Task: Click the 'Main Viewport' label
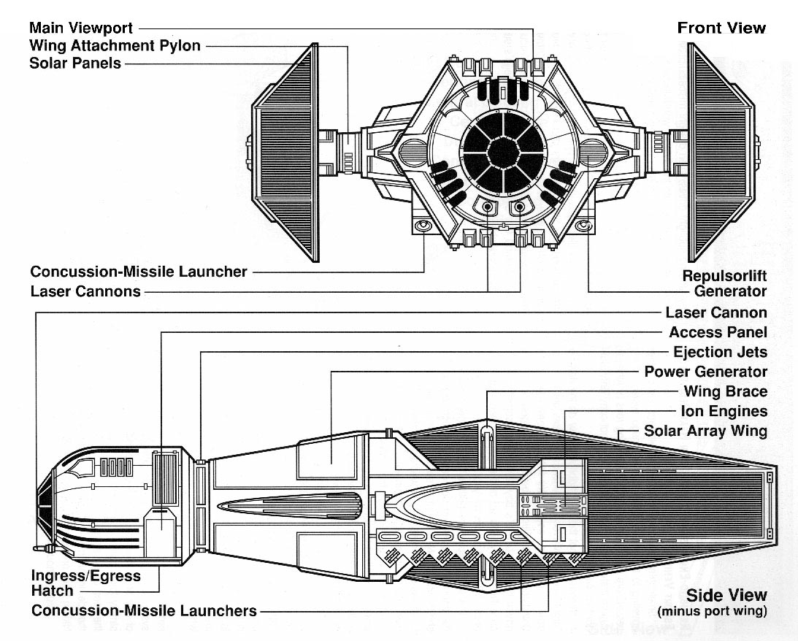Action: (81, 28)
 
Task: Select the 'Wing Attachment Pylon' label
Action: (115, 45)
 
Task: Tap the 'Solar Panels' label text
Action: (75, 63)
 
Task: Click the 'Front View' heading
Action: (721, 28)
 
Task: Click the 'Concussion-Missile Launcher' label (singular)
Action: (139, 272)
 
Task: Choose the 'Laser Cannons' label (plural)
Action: (85, 291)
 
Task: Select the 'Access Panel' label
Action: (718, 332)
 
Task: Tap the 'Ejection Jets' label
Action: (720, 352)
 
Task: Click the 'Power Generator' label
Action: (705, 372)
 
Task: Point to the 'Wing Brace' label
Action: (725, 391)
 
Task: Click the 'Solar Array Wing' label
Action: (705, 431)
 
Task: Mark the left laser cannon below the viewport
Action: (487, 207)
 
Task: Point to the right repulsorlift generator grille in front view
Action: (592, 153)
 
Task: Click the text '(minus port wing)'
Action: (712, 612)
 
